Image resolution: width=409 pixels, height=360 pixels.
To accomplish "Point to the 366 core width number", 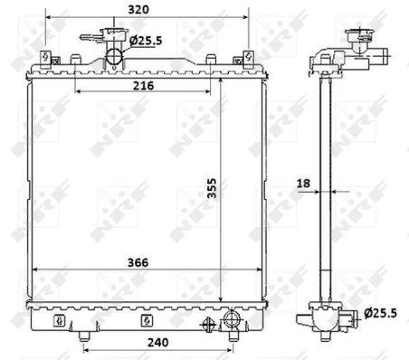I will coord(138,263).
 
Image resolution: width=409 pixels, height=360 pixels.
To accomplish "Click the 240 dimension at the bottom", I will coord(159,343).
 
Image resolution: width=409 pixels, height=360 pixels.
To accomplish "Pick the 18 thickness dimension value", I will coord(303,184).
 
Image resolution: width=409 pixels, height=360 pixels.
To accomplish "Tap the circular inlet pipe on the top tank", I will coord(115,57).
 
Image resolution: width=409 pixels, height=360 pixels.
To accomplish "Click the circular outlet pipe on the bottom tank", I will coord(233,319).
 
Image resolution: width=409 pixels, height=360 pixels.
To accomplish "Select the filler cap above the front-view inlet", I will coord(114,37).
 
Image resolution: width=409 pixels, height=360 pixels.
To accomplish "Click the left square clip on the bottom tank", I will coord(58,319).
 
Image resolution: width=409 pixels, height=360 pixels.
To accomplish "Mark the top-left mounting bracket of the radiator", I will coord(43,60).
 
